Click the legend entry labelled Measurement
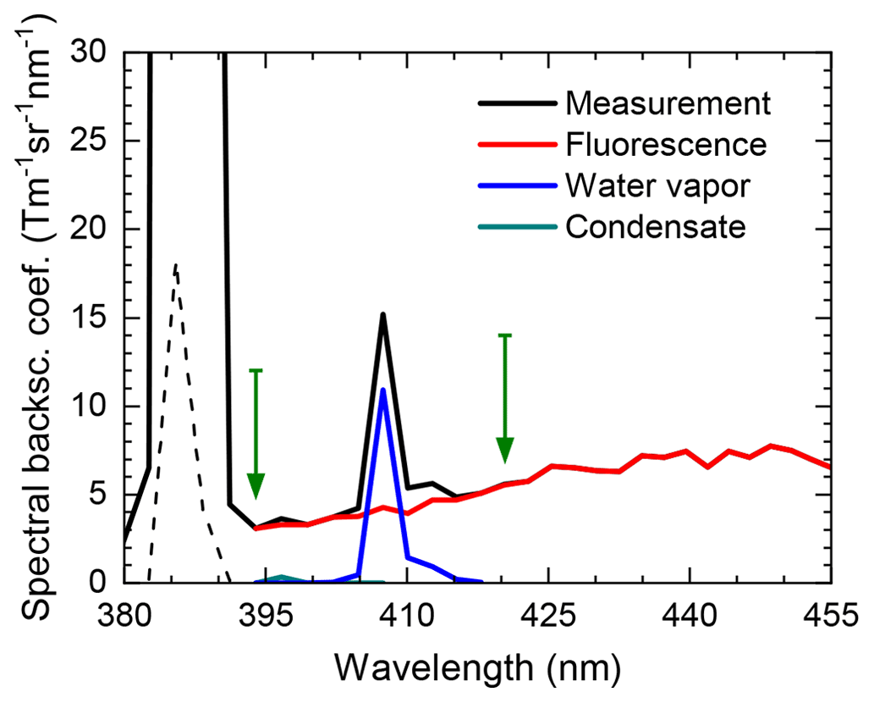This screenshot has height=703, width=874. click(668, 103)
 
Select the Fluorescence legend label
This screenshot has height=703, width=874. click(665, 145)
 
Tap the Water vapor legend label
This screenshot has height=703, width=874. click(657, 185)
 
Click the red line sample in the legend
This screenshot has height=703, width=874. click(516, 145)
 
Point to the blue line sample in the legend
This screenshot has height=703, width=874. click(516, 185)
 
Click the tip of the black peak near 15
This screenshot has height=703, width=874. click(383, 315)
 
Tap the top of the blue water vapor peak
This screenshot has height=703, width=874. click(383, 390)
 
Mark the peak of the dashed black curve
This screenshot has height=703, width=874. click(175, 265)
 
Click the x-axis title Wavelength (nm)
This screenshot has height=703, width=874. click(478, 668)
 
